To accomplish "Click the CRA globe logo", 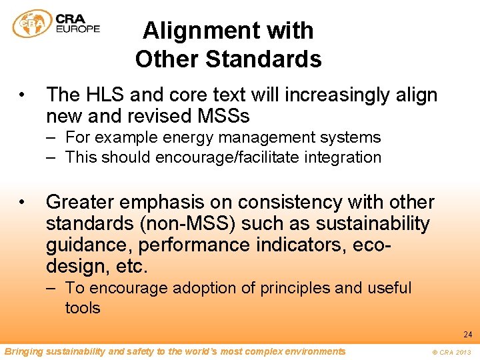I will point(32,24).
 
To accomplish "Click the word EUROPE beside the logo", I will point(78,29).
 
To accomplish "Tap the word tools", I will point(82,308).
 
